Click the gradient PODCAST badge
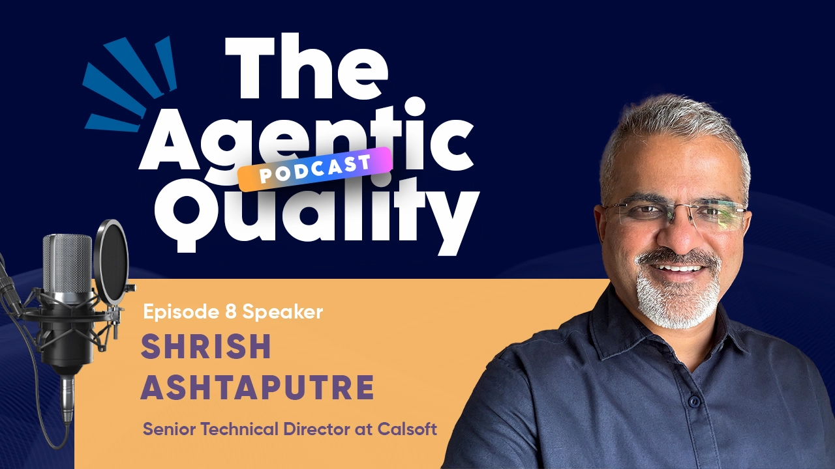pos(314,169)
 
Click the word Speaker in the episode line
pos(282,313)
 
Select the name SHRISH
pos(205,347)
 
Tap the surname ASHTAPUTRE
pos(258,388)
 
